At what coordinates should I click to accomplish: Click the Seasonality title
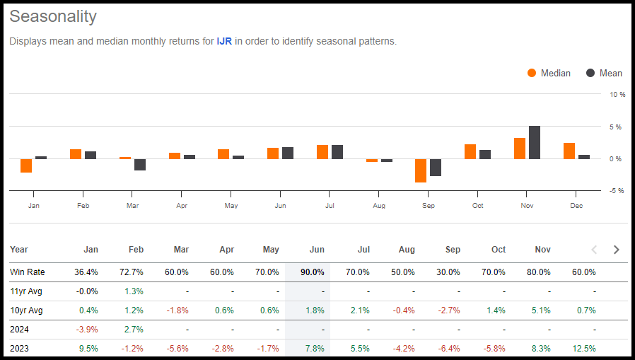click(53, 16)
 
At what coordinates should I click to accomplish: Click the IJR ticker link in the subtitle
click(225, 41)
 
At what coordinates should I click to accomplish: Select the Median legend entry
click(549, 73)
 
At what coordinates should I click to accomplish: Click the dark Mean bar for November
click(535, 142)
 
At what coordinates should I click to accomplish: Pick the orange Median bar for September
click(421, 170)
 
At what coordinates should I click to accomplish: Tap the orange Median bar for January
click(26, 166)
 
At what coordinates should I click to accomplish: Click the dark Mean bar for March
click(140, 164)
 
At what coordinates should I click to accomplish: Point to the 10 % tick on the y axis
click(617, 94)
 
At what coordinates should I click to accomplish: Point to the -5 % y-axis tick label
click(617, 190)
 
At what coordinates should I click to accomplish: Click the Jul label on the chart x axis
click(330, 205)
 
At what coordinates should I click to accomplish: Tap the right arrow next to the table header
click(616, 250)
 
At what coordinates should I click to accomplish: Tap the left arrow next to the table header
click(594, 250)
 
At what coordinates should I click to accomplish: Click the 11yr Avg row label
click(25, 291)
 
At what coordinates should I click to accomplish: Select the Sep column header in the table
click(453, 250)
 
